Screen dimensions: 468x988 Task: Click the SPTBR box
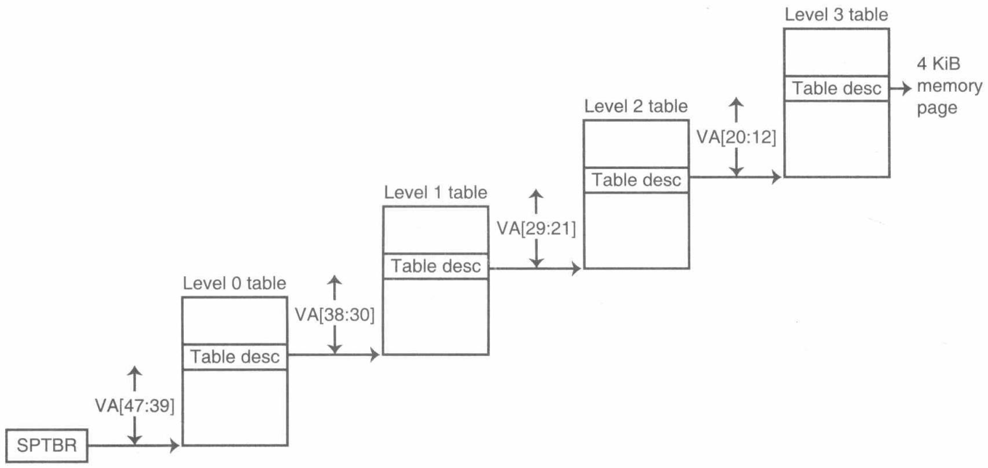pos(47,445)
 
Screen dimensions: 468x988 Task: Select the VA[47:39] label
pos(135,406)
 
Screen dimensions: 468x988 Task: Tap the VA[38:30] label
pos(335,315)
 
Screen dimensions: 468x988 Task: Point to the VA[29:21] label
pos(536,229)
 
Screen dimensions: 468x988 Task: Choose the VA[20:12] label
pos(736,138)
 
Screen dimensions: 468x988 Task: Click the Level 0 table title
pos(235,283)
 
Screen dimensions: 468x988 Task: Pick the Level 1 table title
pos(435,192)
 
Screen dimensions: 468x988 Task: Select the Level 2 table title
pos(636,106)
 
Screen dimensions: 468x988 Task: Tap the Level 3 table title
pos(836,15)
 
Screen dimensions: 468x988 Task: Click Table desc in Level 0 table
pos(235,357)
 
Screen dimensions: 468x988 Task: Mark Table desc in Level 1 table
pos(436,266)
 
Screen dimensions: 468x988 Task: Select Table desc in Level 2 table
pos(636,180)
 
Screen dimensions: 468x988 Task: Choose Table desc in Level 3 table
pos(837,89)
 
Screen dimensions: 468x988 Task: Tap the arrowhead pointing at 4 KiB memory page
pos(907,89)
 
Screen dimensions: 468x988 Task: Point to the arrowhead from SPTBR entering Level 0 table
pos(175,445)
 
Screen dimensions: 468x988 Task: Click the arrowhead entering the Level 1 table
pos(375,354)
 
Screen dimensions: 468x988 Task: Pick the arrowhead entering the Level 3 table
pos(776,178)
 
